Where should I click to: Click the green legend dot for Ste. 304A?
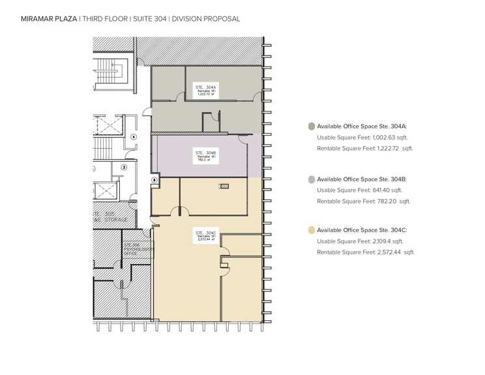pyautogui.click(x=312, y=127)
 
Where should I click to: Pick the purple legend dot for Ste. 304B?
pyautogui.click(x=312, y=179)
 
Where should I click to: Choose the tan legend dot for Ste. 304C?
pyautogui.click(x=312, y=230)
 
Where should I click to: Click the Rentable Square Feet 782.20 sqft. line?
pyautogui.click(x=364, y=200)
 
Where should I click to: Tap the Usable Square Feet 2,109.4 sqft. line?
pyautogui.click(x=359, y=241)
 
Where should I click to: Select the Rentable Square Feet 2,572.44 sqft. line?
pyautogui.click(x=365, y=252)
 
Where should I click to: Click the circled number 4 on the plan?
pyautogui.click(x=133, y=137)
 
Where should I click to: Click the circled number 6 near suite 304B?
pyautogui.click(x=154, y=179)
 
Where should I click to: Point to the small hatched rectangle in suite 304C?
pyautogui.click(x=224, y=187)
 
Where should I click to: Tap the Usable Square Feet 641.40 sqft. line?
pyautogui.click(x=359, y=190)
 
